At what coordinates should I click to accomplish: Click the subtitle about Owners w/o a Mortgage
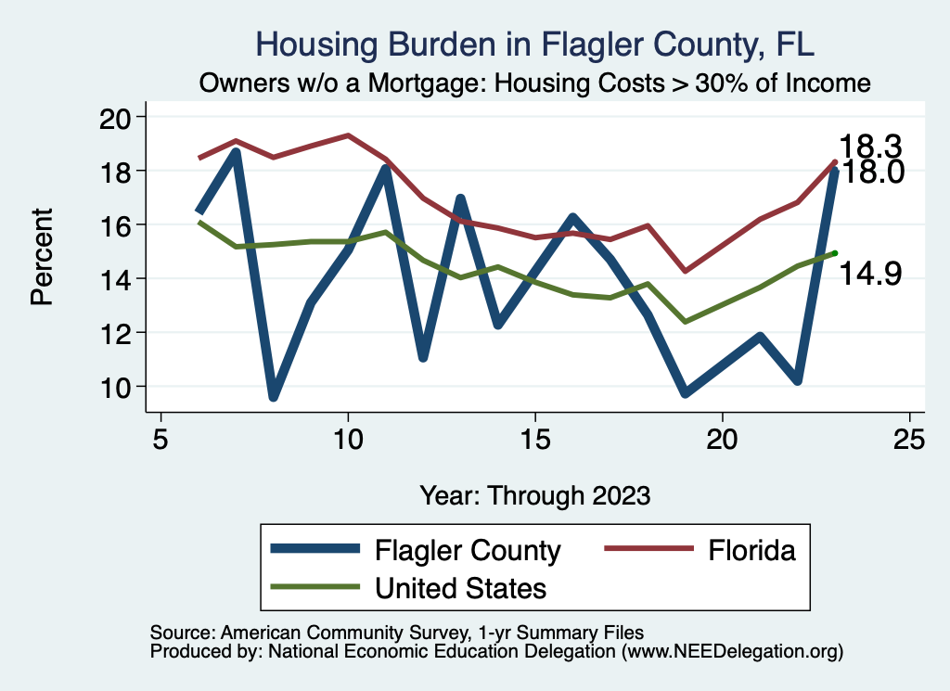(x=535, y=83)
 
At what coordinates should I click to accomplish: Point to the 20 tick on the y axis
(x=122, y=117)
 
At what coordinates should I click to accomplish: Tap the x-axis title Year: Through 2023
(x=535, y=494)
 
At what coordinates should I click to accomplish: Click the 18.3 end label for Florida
(x=870, y=147)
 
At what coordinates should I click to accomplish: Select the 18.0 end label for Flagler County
(x=870, y=172)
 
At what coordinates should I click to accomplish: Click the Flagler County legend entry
(x=468, y=550)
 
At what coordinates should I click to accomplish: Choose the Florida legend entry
(x=751, y=550)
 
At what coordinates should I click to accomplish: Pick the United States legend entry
(x=460, y=587)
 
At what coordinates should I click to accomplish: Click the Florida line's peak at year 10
(x=348, y=135)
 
